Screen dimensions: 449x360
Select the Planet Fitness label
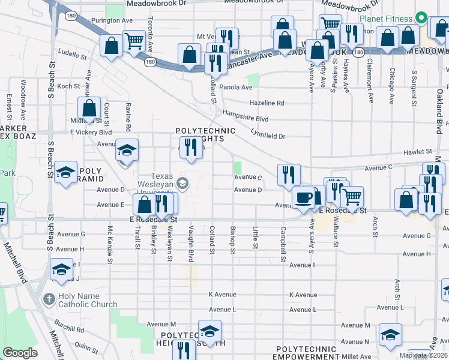point(388,18)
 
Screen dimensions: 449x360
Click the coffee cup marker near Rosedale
point(303,197)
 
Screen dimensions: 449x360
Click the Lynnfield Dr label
point(268,136)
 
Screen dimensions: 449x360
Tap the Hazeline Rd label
point(267,103)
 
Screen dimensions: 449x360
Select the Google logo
point(20,353)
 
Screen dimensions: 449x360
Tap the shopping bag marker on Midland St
point(89,109)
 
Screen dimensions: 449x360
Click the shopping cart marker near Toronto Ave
point(133,42)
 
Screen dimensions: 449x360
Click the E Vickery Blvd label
point(91,132)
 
